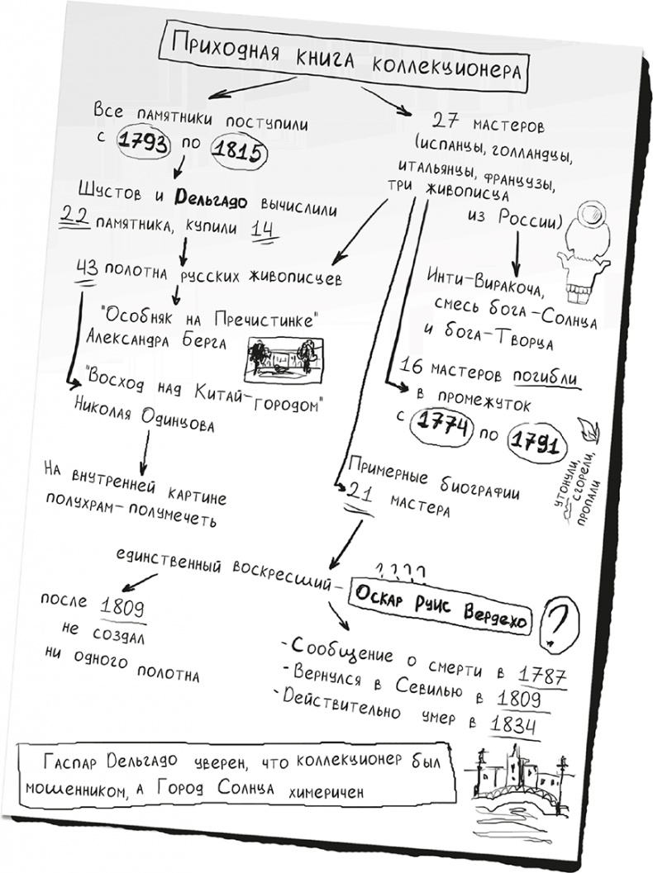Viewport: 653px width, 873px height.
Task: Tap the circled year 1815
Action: point(237,151)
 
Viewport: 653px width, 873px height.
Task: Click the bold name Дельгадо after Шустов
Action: point(207,197)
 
